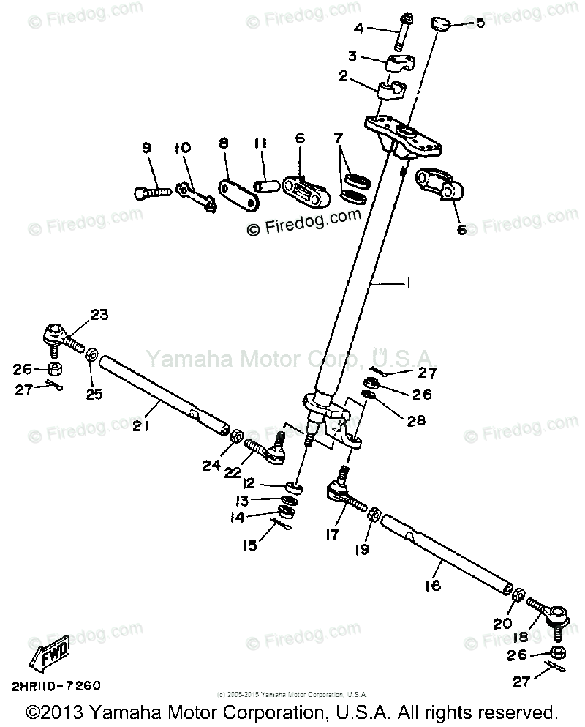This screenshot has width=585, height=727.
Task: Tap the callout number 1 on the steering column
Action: (x=405, y=283)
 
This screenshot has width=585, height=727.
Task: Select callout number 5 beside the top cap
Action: (x=480, y=22)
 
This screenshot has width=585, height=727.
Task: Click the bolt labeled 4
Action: (x=401, y=32)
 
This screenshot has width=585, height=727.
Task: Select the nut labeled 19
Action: (x=371, y=514)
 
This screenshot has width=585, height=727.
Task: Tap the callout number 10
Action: (x=181, y=148)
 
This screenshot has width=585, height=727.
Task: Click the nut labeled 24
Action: (x=236, y=437)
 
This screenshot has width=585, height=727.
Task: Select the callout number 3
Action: (x=352, y=56)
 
